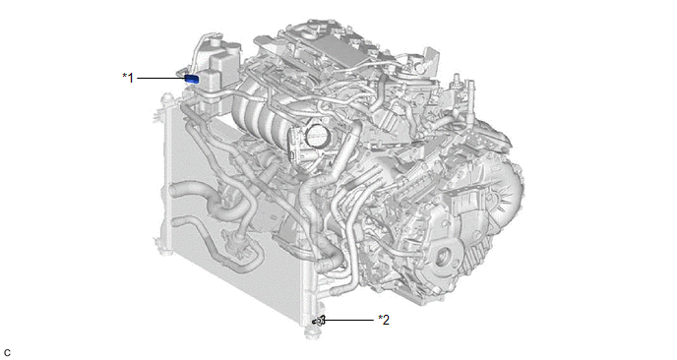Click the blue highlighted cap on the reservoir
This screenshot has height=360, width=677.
(x=192, y=79)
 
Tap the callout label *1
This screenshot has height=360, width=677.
(x=128, y=78)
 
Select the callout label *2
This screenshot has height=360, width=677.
(x=384, y=320)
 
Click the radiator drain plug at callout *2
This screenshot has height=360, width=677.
(x=319, y=321)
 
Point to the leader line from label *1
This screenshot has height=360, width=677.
(x=160, y=78)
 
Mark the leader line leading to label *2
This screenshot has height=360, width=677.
(x=348, y=320)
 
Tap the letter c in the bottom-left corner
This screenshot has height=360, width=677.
(x=7, y=353)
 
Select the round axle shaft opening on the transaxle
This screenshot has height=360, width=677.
(x=443, y=258)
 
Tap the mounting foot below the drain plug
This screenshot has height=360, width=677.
(x=312, y=333)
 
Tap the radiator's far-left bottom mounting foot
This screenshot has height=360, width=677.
(x=164, y=251)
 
